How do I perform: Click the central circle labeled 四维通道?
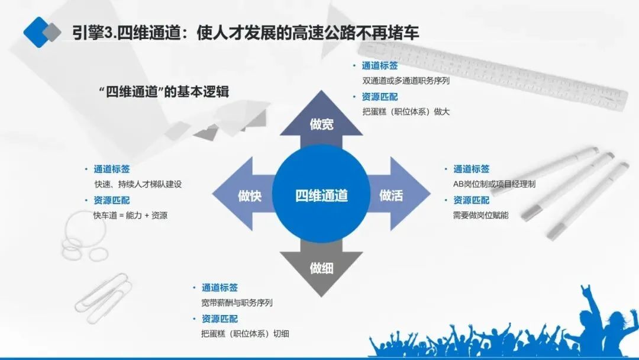(x=321, y=195)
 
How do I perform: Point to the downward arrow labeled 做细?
(x=321, y=268)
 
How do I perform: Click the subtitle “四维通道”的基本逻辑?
(x=164, y=92)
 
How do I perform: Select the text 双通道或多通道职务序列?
(x=406, y=81)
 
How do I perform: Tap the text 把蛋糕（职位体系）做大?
(x=406, y=111)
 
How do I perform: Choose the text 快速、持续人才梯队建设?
(x=138, y=184)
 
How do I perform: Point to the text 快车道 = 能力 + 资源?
(x=130, y=215)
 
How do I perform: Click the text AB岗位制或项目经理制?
(x=494, y=184)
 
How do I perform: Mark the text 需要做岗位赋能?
(x=480, y=215)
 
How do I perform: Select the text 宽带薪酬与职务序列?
(x=237, y=303)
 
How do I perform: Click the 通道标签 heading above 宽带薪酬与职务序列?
(x=220, y=288)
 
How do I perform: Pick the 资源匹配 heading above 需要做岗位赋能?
(x=471, y=200)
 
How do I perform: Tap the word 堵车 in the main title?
(x=404, y=31)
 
